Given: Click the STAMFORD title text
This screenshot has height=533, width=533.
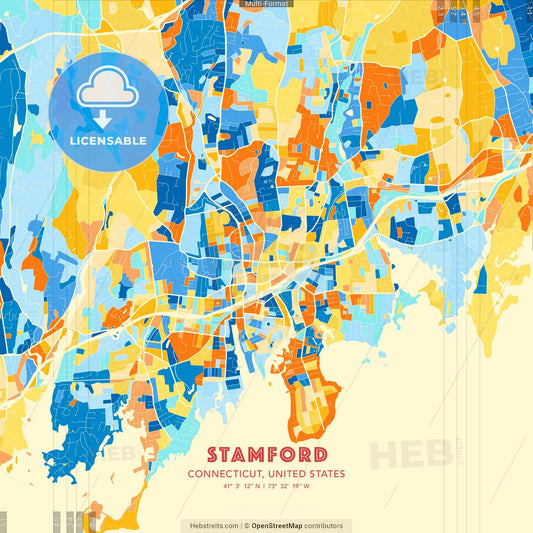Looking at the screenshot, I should coord(265,452).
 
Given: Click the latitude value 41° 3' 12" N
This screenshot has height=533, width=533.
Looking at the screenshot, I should coord(241,487).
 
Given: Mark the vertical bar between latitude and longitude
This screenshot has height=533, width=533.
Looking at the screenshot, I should coord(265,487).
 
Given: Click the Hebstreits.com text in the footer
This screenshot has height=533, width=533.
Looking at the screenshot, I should coord(208,525).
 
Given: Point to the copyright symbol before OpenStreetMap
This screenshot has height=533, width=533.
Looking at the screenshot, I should coord(245,525).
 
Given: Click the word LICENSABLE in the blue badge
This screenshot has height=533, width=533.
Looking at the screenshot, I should coord(107,140).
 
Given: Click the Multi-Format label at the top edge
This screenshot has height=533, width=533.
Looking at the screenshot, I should coord(265,4).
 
